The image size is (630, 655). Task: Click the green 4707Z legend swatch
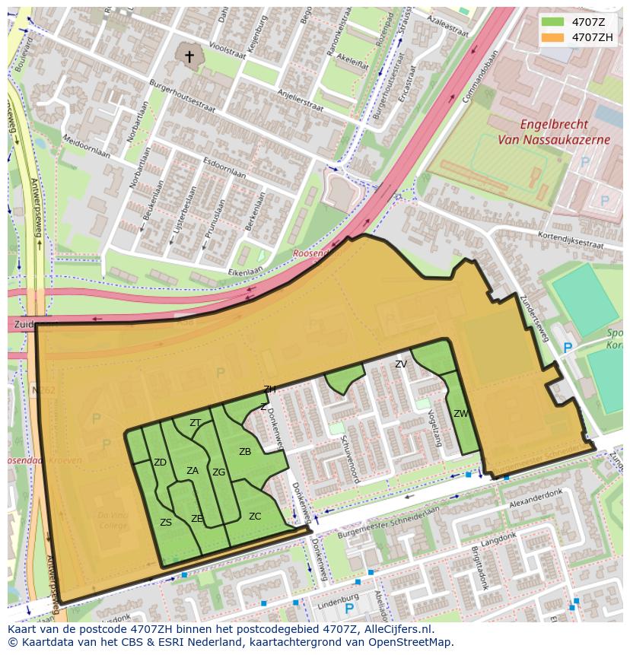coord(552,21)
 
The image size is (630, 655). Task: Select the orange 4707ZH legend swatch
coord(552,37)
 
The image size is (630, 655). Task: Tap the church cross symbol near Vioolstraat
coord(189,57)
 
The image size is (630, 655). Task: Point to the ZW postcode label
coord(460,414)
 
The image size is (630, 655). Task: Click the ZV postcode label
coord(401,364)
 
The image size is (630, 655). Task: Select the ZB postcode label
coord(245,452)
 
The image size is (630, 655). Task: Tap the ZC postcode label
coord(255,517)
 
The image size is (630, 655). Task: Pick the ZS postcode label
coord(166,523)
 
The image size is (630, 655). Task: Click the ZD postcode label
coord(160,463)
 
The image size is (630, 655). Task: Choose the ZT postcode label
coord(196,423)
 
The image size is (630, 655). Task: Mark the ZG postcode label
coord(218,472)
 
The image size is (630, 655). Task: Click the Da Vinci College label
coord(112,520)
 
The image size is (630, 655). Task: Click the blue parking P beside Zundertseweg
coord(567,348)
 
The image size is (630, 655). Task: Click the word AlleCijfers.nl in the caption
coord(396,629)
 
